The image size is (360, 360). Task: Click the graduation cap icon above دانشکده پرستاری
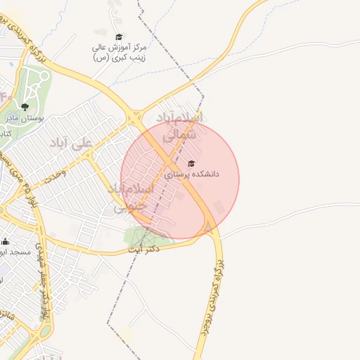[x=192, y=163]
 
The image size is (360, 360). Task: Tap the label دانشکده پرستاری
[x=192, y=173]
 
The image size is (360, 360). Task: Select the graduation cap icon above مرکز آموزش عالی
[x=119, y=37]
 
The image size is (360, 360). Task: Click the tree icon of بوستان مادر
[x=25, y=107]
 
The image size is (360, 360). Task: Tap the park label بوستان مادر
[x=25, y=118]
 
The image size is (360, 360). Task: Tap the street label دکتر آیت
[x=144, y=249]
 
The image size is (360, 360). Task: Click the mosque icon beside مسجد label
[x=6, y=241]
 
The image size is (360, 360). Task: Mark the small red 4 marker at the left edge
[x=3, y=95]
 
